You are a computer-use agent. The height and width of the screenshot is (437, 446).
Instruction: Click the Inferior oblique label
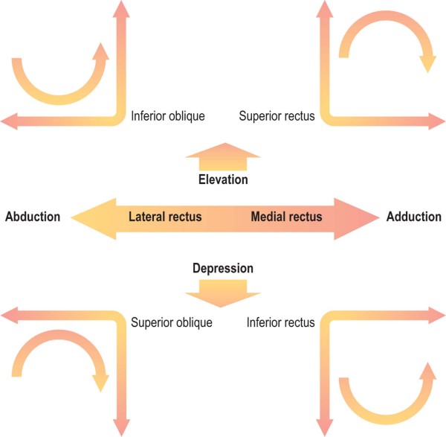167,116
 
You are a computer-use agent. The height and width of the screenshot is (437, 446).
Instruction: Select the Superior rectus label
277,116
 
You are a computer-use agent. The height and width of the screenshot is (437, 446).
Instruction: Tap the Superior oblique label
172,323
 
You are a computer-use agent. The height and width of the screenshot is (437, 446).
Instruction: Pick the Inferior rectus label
280,323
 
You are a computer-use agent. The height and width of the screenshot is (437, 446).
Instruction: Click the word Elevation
223,180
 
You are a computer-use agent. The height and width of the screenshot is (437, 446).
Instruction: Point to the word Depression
223,268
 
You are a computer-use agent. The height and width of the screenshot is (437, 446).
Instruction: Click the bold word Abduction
33,217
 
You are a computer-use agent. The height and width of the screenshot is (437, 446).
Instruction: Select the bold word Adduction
413,217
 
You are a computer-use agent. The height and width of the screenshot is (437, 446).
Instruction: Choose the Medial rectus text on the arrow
286,217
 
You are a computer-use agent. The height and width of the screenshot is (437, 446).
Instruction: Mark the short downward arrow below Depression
223,292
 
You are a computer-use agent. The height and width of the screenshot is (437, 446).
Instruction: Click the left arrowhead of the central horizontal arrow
93,217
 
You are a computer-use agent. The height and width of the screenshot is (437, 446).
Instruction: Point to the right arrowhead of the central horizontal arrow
354,217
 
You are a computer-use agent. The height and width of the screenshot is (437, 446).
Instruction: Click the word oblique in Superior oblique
194,323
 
